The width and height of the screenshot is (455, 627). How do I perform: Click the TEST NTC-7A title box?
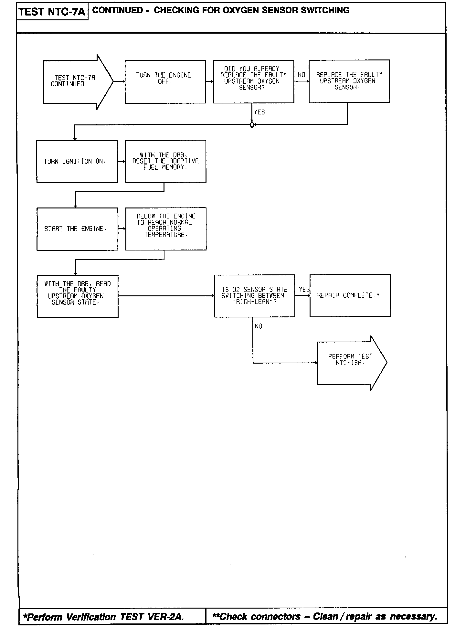click(x=52, y=12)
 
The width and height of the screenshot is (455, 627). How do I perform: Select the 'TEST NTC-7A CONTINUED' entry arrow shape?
click(x=78, y=81)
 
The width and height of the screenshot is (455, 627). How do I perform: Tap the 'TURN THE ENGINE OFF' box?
click(x=165, y=82)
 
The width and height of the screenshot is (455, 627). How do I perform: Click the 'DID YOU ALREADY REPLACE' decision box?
click(x=253, y=81)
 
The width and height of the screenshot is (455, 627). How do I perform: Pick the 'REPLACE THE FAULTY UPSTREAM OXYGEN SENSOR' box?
click(x=349, y=81)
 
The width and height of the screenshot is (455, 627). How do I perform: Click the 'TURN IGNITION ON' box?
click(x=77, y=161)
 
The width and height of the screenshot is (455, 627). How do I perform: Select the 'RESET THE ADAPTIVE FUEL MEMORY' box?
click(x=165, y=161)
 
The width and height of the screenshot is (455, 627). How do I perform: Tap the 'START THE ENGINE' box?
click(x=77, y=229)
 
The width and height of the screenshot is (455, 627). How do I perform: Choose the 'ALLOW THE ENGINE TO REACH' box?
click(x=166, y=228)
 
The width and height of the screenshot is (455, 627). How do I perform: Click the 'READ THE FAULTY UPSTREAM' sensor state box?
click(x=78, y=296)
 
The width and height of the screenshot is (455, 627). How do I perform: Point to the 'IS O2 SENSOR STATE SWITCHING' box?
click(x=254, y=295)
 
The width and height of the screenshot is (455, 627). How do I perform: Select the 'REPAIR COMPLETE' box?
click(x=350, y=295)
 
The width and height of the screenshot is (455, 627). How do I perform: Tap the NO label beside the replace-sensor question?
click(x=302, y=75)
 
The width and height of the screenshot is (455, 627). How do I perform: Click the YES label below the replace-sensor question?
click(x=259, y=112)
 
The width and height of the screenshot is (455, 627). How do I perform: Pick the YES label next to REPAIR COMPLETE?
click(x=304, y=289)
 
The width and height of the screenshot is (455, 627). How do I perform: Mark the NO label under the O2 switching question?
click(x=259, y=326)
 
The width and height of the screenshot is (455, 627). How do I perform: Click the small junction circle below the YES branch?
click(x=252, y=124)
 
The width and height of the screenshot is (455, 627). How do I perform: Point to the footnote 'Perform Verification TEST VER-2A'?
click(x=103, y=617)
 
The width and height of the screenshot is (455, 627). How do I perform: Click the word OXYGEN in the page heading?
click(x=241, y=10)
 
